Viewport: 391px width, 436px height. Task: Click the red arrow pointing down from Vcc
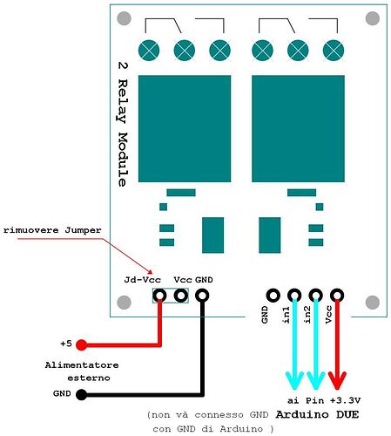click(x=336, y=344)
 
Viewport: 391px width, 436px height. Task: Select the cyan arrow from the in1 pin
click(x=294, y=344)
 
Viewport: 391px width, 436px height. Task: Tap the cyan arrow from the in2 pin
click(x=315, y=344)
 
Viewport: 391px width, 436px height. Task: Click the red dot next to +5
click(x=81, y=344)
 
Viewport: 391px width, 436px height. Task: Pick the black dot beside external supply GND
click(x=81, y=394)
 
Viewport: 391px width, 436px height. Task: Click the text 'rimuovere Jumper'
click(x=52, y=229)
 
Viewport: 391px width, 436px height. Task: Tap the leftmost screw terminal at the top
click(x=150, y=51)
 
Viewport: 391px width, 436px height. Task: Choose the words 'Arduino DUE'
click(x=318, y=413)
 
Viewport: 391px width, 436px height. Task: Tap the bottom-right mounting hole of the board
click(x=372, y=303)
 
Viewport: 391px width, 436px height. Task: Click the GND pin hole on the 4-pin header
click(x=273, y=296)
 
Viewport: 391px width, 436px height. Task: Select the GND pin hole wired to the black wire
click(x=202, y=296)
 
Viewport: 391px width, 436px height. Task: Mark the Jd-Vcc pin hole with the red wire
click(x=160, y=296)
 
